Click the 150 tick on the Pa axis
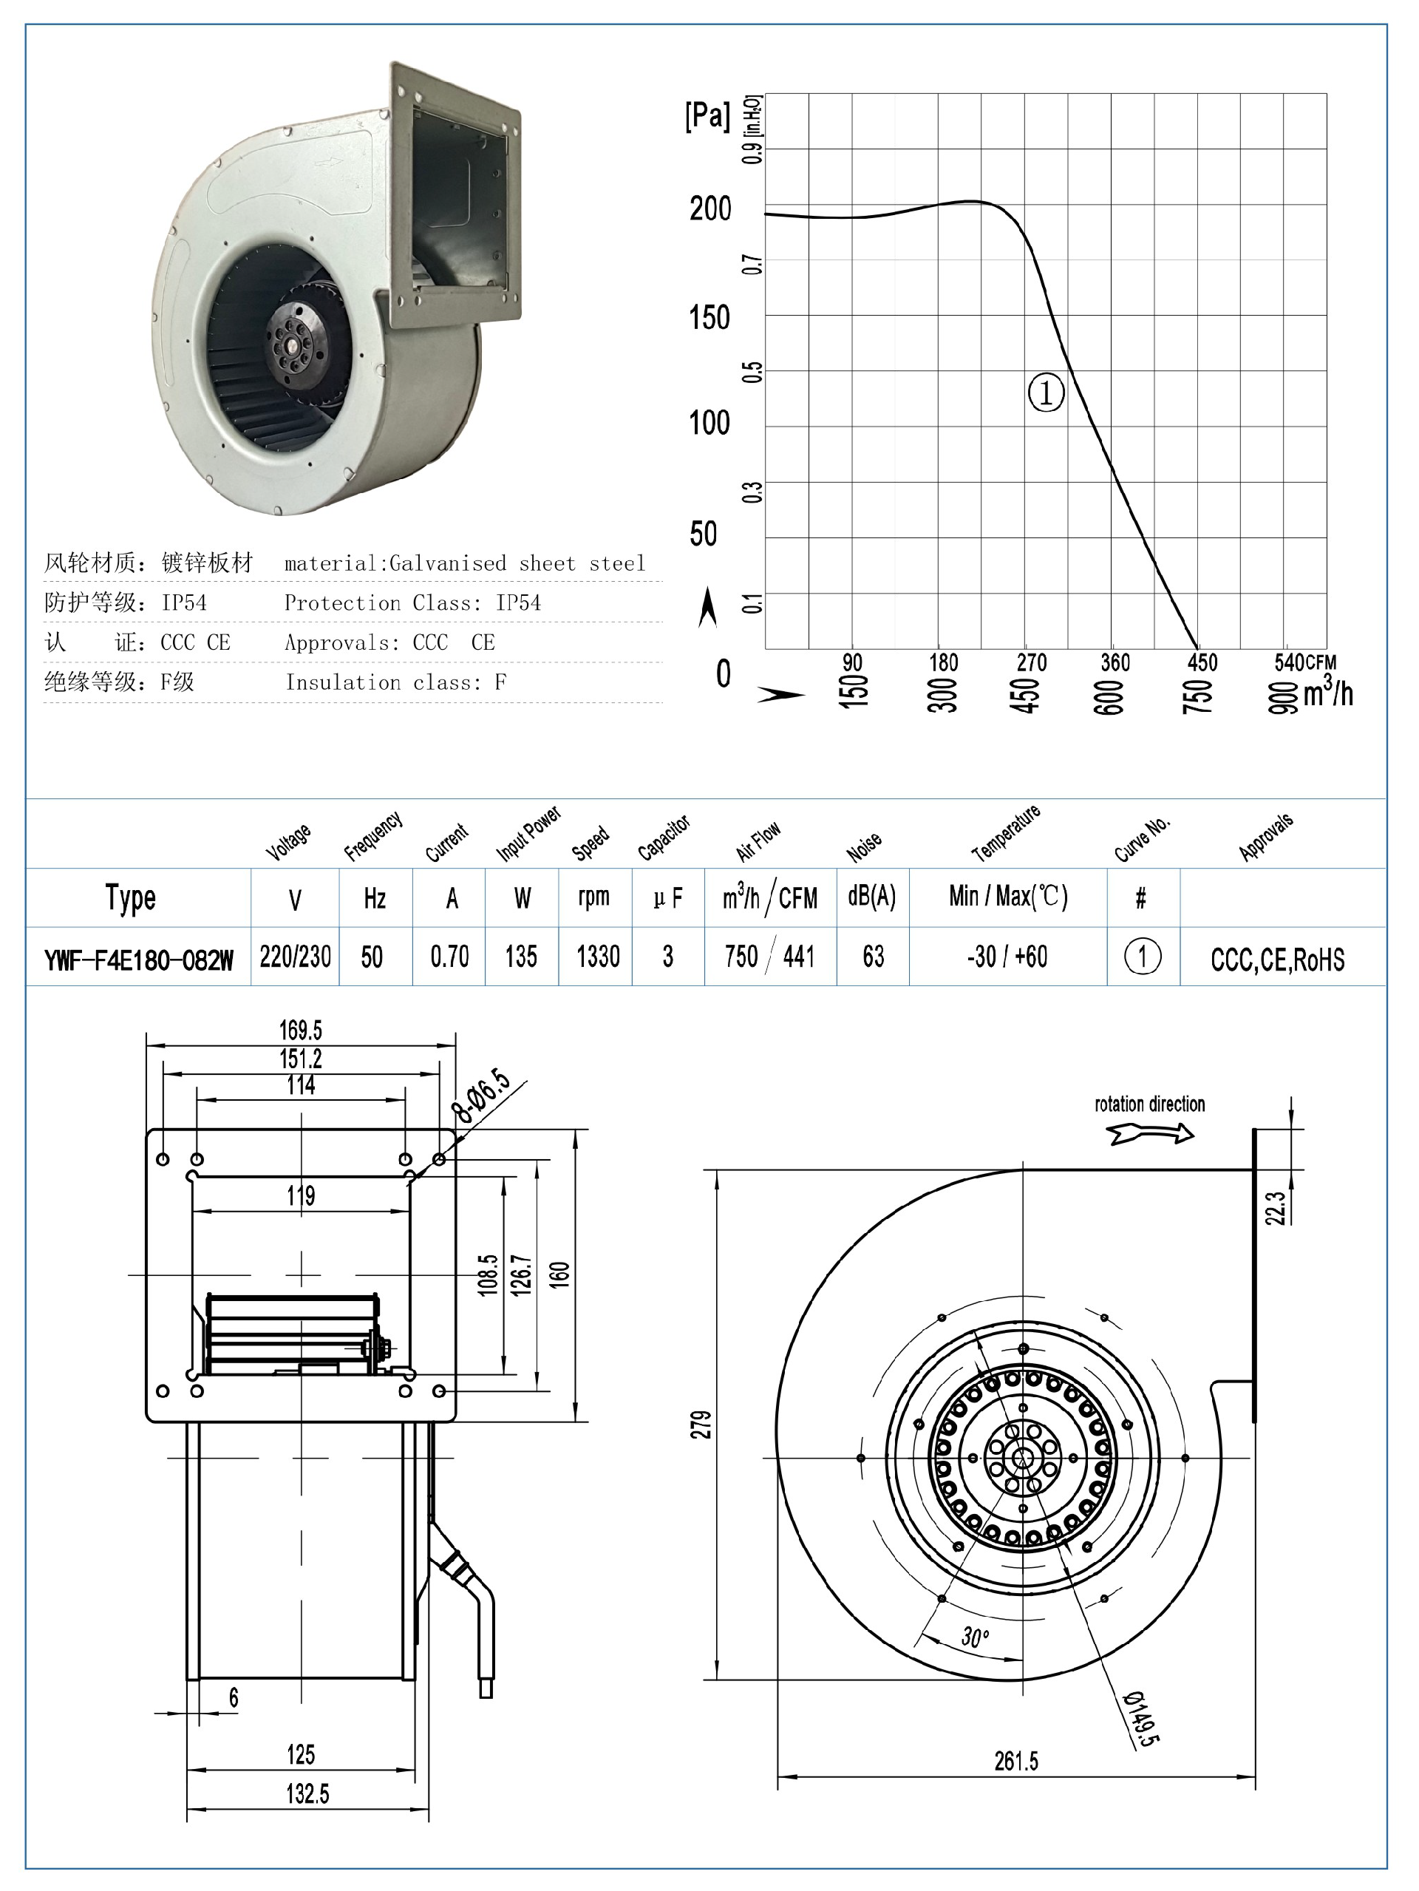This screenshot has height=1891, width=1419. (709, 318)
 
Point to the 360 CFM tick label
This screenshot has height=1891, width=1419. (1115, 662)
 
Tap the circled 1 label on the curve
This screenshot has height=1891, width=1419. (1046, 393)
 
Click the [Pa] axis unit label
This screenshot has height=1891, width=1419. (707, 115)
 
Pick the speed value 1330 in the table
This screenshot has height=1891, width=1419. (597, 956)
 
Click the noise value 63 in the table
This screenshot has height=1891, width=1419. (873, 956)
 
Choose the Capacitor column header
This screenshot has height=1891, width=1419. (664, 838)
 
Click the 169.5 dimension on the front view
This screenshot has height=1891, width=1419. (300, 1029)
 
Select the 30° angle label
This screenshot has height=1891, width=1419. (975, 1637)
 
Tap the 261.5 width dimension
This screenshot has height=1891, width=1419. (1015, 1761)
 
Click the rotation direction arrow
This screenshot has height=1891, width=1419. (1151, 1133)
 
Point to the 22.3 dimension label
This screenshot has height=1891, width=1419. (1275, 1208)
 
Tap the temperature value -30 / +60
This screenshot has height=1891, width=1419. (1007, 956)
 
